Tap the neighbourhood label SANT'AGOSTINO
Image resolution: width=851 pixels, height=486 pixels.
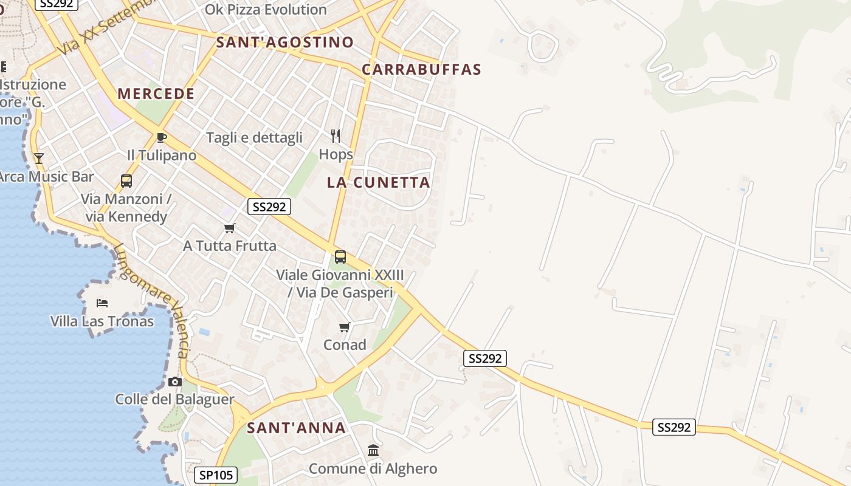click(284, 42)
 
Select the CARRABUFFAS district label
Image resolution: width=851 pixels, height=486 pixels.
click(421, 69)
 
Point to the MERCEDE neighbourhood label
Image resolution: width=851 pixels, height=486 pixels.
click(156, 94)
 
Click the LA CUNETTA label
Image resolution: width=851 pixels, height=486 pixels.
click(378, 182)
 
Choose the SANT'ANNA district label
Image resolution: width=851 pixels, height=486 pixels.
click(296, 428)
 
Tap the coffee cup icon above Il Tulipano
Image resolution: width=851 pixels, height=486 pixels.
click(161, 138)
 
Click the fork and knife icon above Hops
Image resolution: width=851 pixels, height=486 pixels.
click(336, 135)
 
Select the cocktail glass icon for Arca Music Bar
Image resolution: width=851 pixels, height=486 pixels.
click(39, 159)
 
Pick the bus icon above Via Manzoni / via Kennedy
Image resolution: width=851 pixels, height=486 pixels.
click(126, 180)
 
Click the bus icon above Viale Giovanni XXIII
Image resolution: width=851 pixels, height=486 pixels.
click(340, 257)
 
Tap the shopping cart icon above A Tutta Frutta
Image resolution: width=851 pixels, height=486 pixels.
click(229, 228)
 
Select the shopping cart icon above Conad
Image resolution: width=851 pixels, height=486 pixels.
click(345, 327)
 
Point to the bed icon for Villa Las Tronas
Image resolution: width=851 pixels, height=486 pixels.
click(102, 303)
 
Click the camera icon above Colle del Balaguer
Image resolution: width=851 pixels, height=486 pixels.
click(175, 382)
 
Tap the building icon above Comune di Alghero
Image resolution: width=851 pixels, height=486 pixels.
click(373, 451)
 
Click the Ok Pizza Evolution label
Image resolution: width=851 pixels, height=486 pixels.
click(266, 10)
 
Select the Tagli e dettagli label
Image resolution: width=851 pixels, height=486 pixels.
click(254, 137)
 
